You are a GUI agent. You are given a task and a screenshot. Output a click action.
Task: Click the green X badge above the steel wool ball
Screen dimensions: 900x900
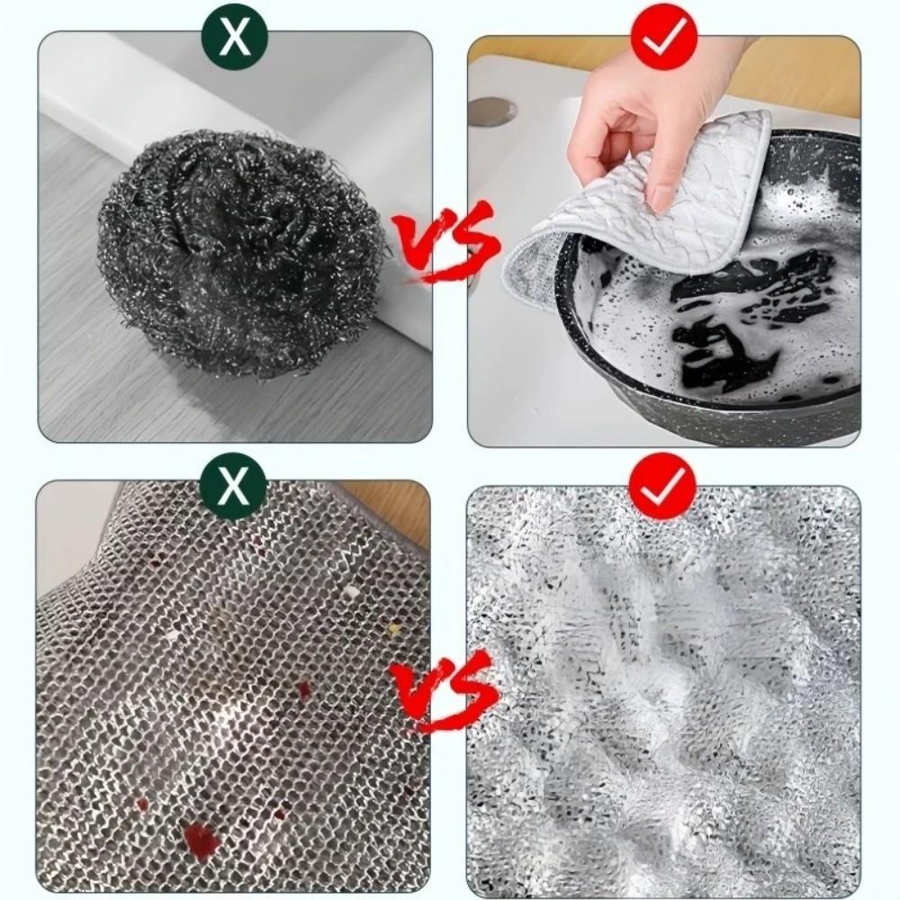[236, 35]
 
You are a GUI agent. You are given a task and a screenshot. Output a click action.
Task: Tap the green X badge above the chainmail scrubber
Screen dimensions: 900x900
[236, 486]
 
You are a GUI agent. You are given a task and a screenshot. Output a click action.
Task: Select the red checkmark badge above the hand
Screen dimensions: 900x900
[664, 37]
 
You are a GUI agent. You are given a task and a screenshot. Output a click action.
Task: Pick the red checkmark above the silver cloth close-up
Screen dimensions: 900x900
[664, 486]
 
